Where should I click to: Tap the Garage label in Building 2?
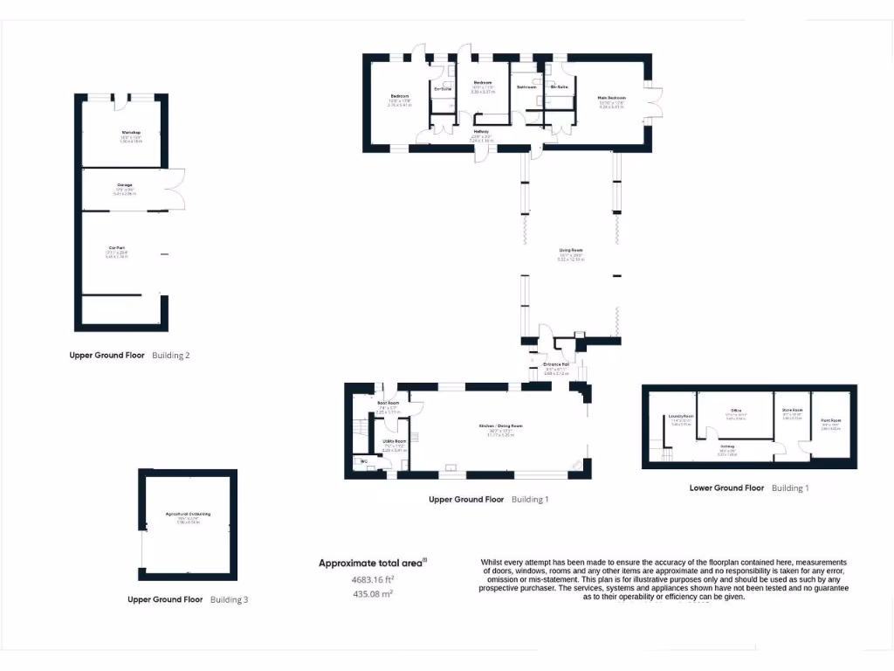pos(125,184)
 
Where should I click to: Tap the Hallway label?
pos(480,132)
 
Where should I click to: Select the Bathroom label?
pos(526,87)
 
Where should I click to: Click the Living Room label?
pos(571,250)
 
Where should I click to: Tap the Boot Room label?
pos(388,403)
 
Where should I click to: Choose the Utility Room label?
pos(395,442)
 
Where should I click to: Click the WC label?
pos(363,460)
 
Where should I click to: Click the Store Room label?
pos(792,410)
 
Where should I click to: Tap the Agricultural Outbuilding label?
pos(188,514)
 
